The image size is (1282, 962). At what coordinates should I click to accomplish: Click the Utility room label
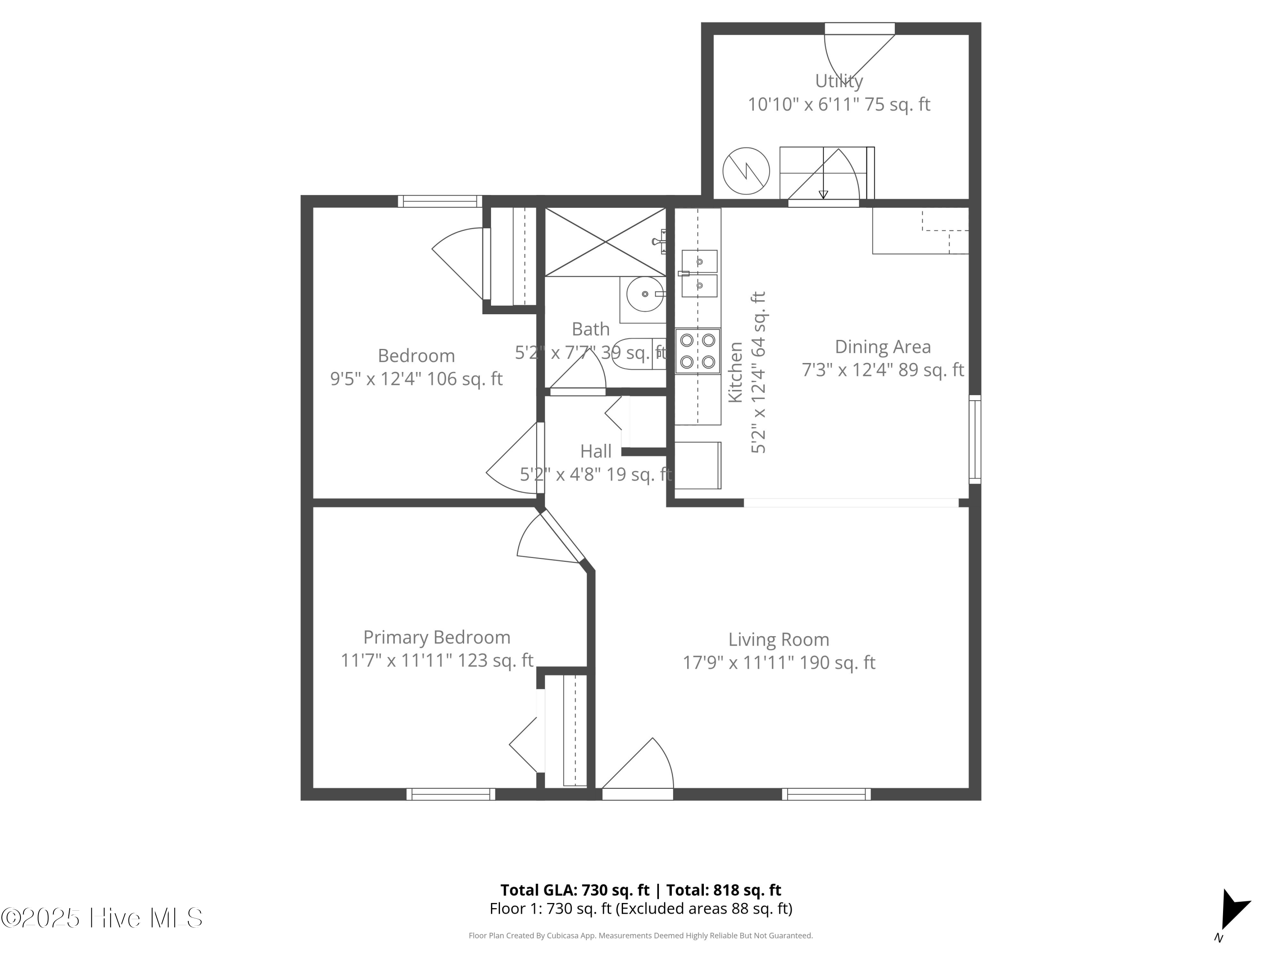coord(838,81)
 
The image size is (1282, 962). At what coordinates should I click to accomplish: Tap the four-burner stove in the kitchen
coord(698,351)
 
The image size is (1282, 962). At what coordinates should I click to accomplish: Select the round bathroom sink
coord(645,294)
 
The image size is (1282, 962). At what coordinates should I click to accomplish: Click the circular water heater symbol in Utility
coord(746,171)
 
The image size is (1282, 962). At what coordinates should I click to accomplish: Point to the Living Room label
coord(778,640)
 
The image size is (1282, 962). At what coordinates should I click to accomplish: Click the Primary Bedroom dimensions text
coord(436,661)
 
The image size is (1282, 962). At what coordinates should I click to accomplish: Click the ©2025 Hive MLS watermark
coord(101,918)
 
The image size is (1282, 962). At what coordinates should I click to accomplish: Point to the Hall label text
coord(596,451)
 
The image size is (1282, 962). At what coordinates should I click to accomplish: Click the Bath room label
coord(591,329)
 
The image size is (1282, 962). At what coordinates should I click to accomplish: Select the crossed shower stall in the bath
coord(605,242)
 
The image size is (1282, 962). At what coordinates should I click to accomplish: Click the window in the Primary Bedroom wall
coord(450,794)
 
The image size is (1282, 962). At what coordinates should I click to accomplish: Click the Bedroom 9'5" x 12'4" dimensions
coord(416,379)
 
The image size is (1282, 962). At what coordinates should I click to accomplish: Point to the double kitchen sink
coord(699,273)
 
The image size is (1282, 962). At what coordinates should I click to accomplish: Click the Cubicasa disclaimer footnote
coord(641,935)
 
